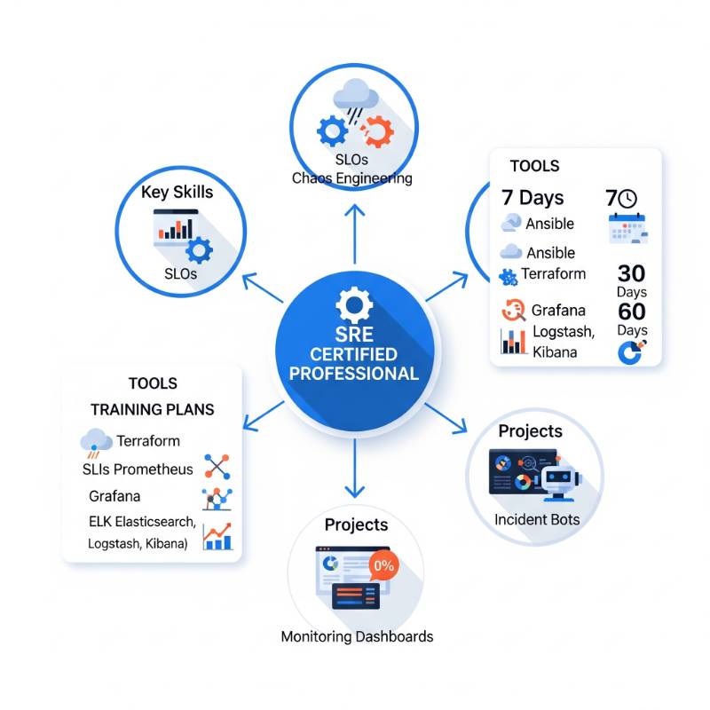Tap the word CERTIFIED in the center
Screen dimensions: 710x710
tap(354, 355)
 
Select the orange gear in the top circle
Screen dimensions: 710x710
tap(378, 132)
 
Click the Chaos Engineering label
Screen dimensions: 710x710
tap(352, 178)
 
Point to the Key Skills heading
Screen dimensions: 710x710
tap(177, 192)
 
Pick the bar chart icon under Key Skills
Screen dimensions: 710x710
tap(176, 226)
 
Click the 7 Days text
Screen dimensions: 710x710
tap(532, 197)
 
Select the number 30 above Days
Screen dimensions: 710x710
tap(631, 273)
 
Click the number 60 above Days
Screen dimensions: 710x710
tap(631, 312)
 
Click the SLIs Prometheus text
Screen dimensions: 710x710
tap(138, 469)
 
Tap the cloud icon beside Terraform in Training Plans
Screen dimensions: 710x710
tap(96, 440)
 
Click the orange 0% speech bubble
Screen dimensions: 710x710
tap(384, 564)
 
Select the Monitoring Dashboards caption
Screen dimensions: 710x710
tap(357, 636)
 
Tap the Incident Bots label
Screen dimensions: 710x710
tap(536, 518)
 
